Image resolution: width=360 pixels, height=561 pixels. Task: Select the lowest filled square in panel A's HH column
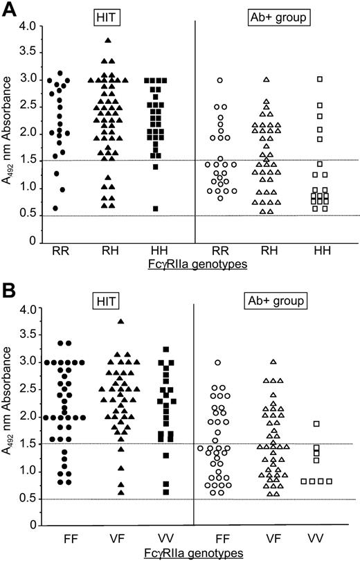pos(156,208)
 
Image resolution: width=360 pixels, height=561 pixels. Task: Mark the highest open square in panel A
pos(320,79)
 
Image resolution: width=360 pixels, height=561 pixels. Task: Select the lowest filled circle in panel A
pos(55,208)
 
